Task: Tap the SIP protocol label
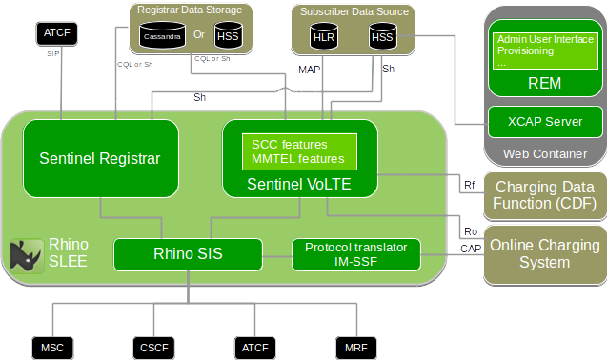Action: click(x=53, y=54)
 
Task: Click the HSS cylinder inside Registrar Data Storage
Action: click(x=228, y=36)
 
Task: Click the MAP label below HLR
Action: click(x=310, y=70)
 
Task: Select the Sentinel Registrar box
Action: click(x=100, y=158)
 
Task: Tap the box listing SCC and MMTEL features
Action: click(x=298, y=151)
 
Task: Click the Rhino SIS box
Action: click(x=187, y=253)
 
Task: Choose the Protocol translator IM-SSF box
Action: click(x=355, y=253)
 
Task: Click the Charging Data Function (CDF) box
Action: click(x=544, y=194)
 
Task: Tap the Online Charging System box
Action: click(x=544, y=254)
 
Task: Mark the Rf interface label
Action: click(x=469, y=184)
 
